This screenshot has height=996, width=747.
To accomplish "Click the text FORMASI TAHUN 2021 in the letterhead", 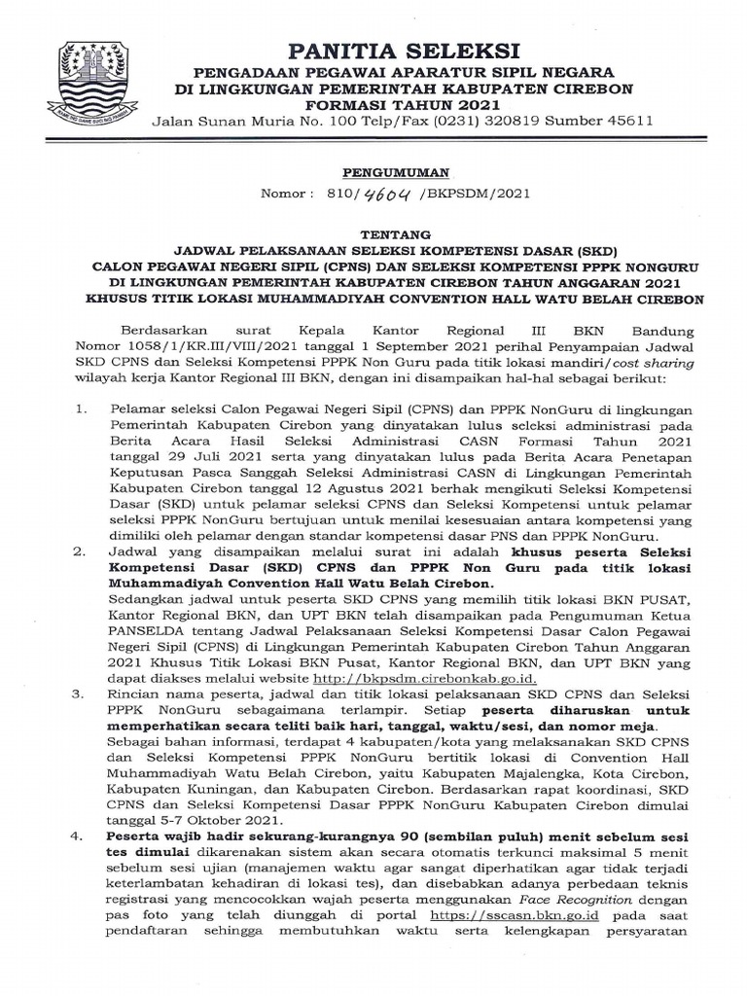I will tap(402, 104).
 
